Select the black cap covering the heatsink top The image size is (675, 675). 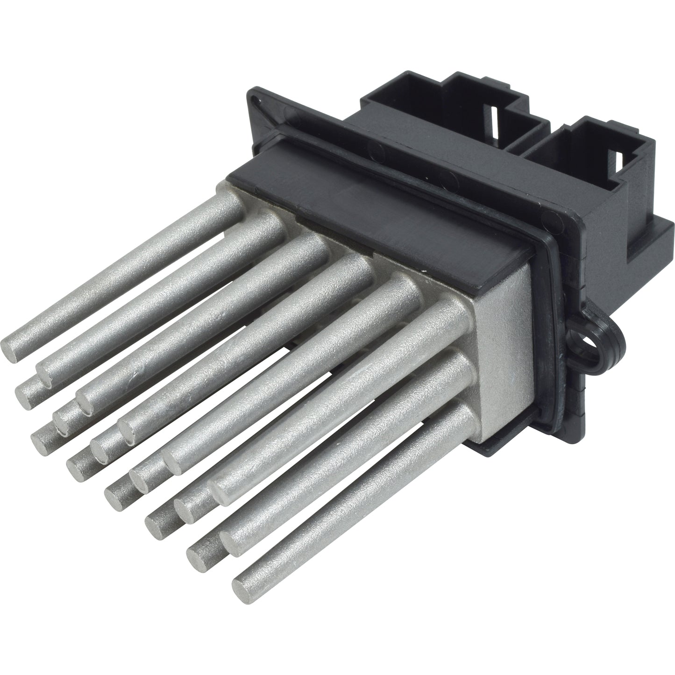pyautogui.click(x=374, y=210)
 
